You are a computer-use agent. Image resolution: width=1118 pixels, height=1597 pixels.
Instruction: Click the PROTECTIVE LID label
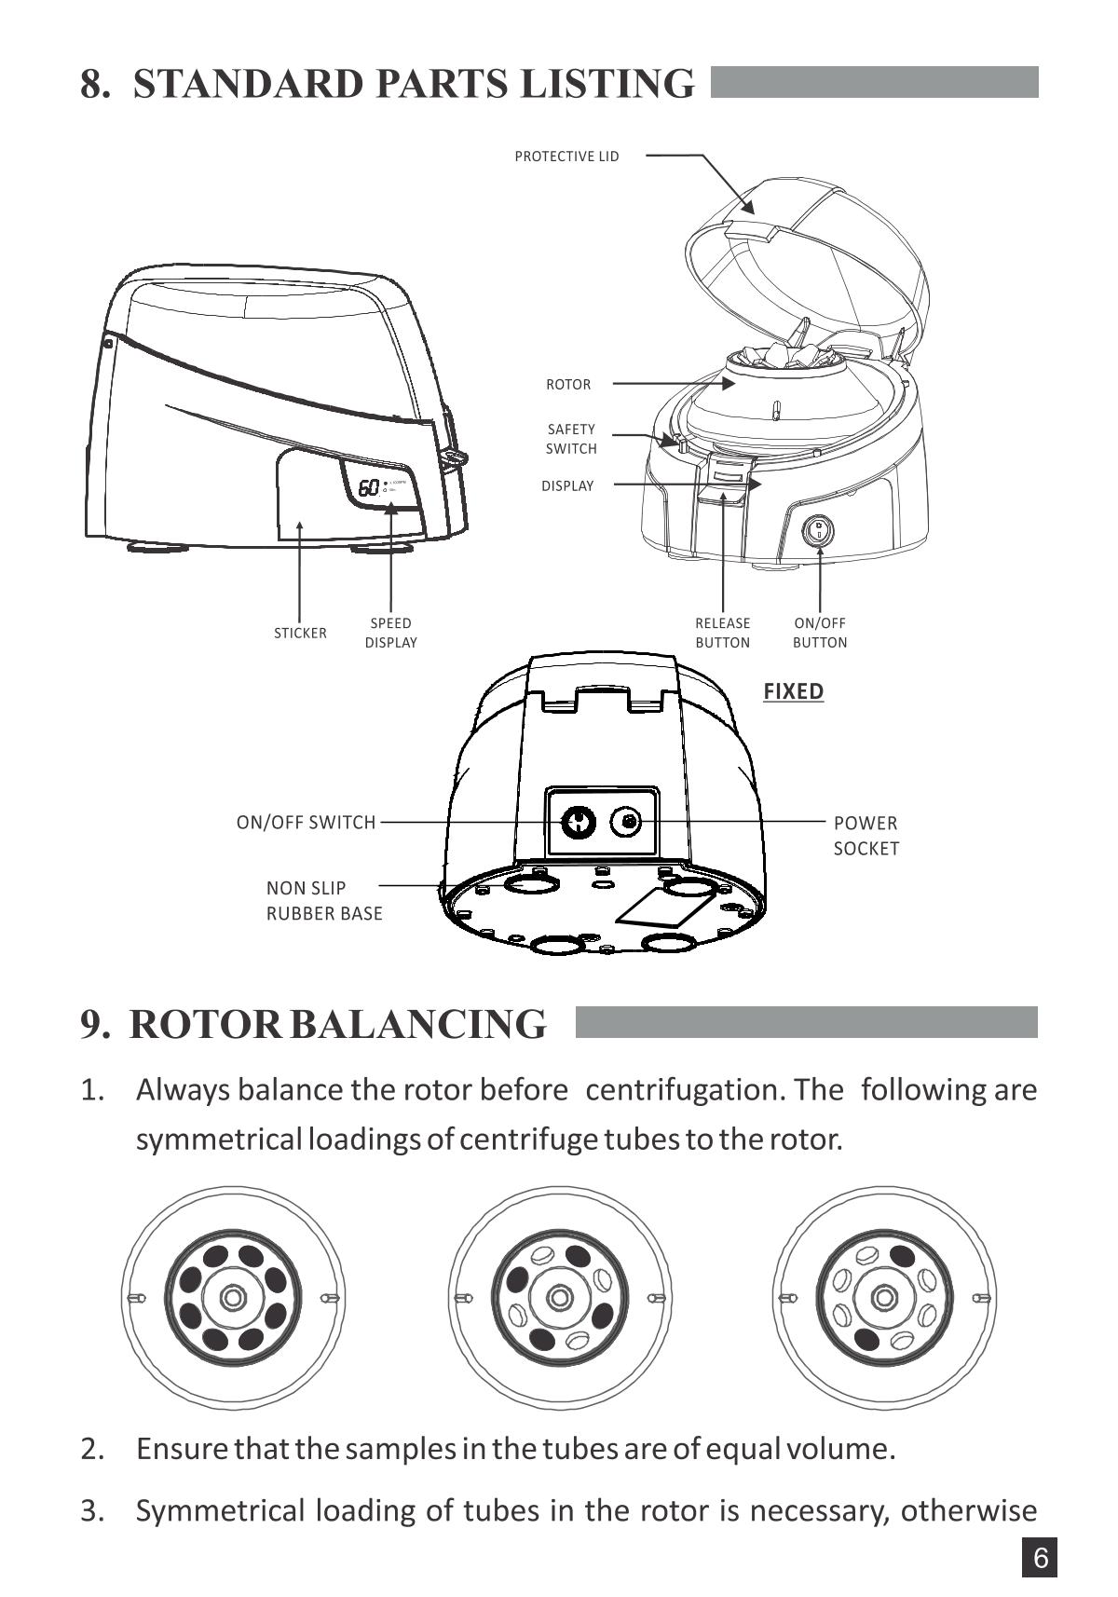(x=566, y=157)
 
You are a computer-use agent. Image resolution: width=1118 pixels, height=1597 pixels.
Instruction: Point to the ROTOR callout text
(x=568, y=384)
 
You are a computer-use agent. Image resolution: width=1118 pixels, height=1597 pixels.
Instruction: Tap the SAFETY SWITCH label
(x=571, y=439)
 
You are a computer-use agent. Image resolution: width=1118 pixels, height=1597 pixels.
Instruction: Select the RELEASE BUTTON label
(x=722, y=633)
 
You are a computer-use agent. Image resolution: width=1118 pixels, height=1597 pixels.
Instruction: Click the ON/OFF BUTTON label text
(x=820, y=633)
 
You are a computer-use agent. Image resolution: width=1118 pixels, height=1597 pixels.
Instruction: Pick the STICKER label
(x=300, y=634)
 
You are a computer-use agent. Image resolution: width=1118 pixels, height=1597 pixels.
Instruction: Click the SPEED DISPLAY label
(x=391, y=633)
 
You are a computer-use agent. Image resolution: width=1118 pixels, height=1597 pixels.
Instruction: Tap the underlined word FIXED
(x=794, y=691)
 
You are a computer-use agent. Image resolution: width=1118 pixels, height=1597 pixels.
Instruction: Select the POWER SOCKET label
(x=866, y=836)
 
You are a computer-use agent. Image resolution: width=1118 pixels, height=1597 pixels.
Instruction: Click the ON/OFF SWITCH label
(x=307, y=823)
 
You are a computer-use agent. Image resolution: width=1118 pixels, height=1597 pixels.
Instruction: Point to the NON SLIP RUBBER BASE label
(x=324, y=901)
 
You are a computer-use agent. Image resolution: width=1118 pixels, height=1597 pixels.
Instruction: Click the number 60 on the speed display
(x=369, y=487)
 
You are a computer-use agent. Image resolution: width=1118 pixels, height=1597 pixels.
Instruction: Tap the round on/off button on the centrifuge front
(x=818, y=532)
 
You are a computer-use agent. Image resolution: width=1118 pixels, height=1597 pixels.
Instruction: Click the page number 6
(x=1041, y=1559)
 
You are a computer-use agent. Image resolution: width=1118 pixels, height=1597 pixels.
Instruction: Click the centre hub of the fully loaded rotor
(x=232, y=1298)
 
